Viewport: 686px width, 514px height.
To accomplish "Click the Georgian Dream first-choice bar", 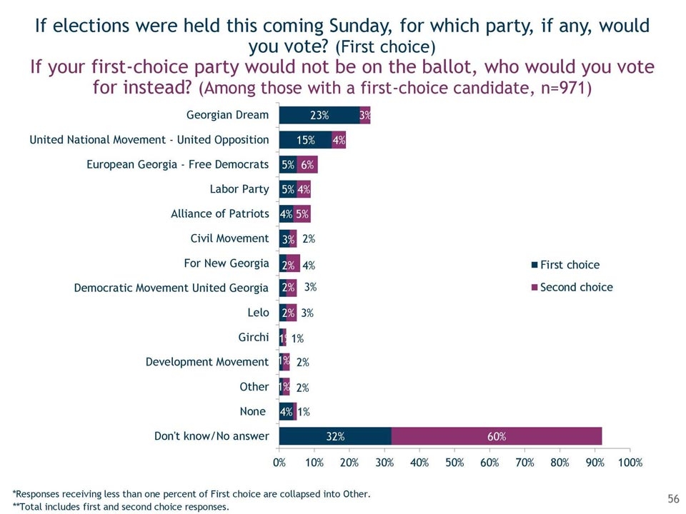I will pyautogui.click(x=319, y=115).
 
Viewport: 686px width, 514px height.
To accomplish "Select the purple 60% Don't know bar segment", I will pyautogui.click(x=497, y=436).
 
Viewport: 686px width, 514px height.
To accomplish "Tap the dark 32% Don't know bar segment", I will pyautogui.click(x=335, y=436).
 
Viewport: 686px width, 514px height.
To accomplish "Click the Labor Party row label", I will pyautogui.click(x=239, y=189).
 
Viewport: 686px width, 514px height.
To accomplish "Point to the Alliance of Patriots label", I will pyautogui.click(x=219, y=213).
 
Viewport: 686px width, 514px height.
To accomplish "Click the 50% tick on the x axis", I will pyautogui.click(x=454, y=463).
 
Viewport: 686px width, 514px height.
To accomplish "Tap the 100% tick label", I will pyautogui.click(x=630, y=463).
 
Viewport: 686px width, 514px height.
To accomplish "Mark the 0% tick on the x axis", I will pyautogui.click(x=279, y=463).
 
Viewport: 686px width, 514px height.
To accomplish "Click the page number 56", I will pyautogui.click(x=672, y=498).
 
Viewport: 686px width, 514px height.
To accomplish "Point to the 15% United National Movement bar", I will pyautogui.click(x=306, y=140).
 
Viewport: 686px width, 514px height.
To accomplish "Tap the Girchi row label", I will pyautogui.click(x=253, y=337).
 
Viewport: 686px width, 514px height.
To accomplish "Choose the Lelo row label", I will pyautogui.click(x=259, y=312).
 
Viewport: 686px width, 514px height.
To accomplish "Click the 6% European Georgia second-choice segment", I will pyautogui.click(x=307, y=164).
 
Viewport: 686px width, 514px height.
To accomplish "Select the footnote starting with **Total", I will pyautogui.click(x=121, y=507).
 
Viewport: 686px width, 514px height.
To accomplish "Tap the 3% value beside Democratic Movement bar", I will pyautogui.click(x=310, y=287).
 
